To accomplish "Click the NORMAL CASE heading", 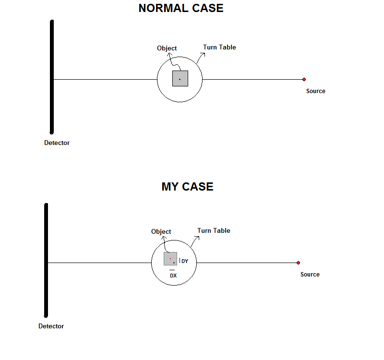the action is pos(181,8).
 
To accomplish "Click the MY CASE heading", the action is pos(187,187).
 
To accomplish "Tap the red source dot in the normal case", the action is pos(304,79).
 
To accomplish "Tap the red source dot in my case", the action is pos(298,263).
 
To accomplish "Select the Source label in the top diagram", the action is pos(316,91).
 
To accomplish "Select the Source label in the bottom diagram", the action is pos(310,275).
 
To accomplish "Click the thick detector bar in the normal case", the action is pos(52,77).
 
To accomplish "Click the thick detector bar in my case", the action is pos(46,260).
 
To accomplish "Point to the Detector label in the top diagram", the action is pos(57,143).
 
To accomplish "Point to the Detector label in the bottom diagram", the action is pos(51,326).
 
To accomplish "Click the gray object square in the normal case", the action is pos(180,79).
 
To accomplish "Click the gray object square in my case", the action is pos(170,259).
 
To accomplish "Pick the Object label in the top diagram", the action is pos(167,48).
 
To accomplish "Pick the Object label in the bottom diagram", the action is pos(161,232).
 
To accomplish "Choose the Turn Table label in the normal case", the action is pos(220,47).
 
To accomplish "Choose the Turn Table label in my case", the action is pos(214,231).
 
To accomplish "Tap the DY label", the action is pos(185,261).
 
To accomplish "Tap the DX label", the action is pos(173,276).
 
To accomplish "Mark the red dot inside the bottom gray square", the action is pos(170,259).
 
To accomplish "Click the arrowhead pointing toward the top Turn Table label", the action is pos(203,54).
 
